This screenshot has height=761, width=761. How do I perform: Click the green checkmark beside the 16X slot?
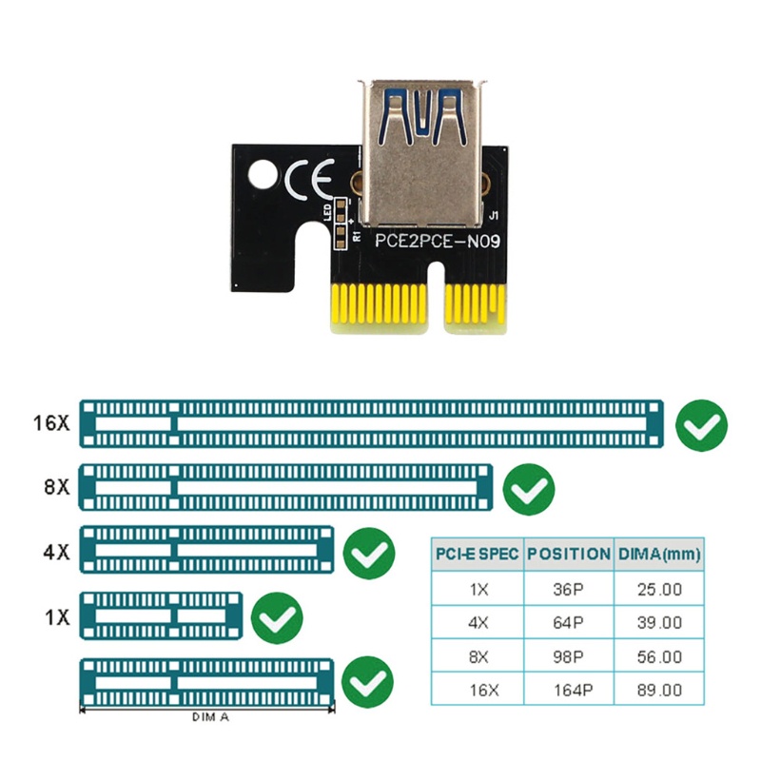coord(701,425)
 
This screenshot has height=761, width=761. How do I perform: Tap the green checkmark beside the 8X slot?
coord(528,490)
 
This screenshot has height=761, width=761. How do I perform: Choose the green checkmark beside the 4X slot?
coord(368,552)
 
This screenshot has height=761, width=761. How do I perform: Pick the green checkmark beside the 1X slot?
coord(277,616)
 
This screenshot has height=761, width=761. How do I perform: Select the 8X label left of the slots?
coord(56,486)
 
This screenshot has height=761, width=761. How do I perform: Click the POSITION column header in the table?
coord(569,554)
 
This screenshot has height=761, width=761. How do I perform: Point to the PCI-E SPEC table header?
coord(477,554)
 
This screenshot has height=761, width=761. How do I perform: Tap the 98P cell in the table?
coord(569,656)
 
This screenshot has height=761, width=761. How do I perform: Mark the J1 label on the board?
coord(491,217)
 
